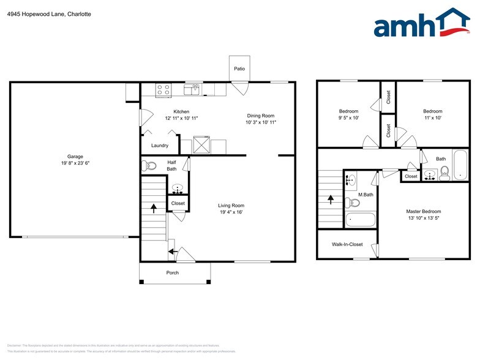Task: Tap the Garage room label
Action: tap(75, 156)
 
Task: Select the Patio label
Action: tap(239, 69)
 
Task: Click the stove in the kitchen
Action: tap(163, 90)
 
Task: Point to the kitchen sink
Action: tap(194, 90)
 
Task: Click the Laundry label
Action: tap(160, 145)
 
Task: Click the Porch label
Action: tap(173, 272)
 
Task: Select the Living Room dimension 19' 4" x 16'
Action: tap(231, 212)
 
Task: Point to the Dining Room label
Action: tap(260, 116)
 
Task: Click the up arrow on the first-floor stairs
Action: tap(153, 208)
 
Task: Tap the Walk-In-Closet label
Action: tap(347, 244)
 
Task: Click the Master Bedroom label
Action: tap(423, 211)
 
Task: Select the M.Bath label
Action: tap(366, 195)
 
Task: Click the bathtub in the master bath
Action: tap(361, 219)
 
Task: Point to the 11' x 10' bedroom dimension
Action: tap(432, 118)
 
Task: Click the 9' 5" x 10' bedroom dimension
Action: tap(348, 118)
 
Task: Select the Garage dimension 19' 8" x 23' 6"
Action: tap(75, 163)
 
